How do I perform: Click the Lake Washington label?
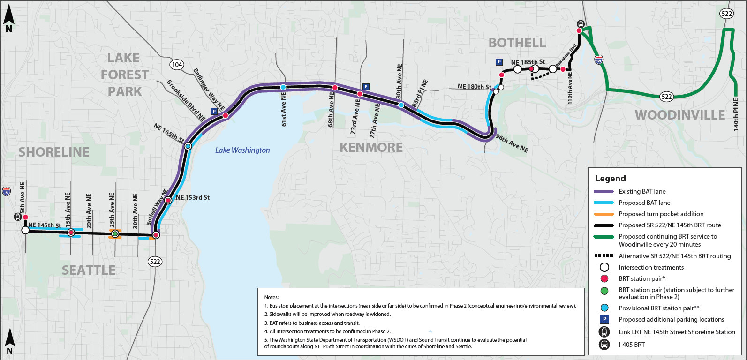click(242, 150)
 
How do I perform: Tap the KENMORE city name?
click(371, 147)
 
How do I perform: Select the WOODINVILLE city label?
click(679, 115)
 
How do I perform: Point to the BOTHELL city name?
click(517, 43)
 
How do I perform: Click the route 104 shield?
click(177, 65)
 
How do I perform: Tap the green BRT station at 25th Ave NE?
click(115, 233)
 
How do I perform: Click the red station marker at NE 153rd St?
click(168, 200)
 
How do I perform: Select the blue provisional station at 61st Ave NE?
click(283, 87)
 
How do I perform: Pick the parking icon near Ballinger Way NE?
click(214, 112)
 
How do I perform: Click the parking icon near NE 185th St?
click(499, 62)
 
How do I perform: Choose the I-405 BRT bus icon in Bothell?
click(580, 24)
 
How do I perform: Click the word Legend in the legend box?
click(610, 178)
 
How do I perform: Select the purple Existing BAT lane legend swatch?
click(604, 191)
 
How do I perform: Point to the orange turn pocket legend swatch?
click(604, 214)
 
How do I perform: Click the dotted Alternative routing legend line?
click(604, 256)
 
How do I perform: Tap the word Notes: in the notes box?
click(272, 297)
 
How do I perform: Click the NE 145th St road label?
click(45, 225)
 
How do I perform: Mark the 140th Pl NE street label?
click(736, 114)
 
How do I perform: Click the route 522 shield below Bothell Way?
click(155, 262)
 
